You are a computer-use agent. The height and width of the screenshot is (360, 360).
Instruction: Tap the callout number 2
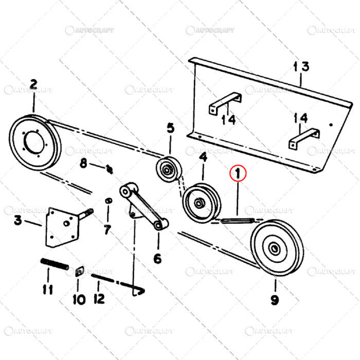click(33, 84)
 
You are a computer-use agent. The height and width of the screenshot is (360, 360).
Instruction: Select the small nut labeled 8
click(109, 168)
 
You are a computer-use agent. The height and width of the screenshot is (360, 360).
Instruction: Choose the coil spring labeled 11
click(54, 266)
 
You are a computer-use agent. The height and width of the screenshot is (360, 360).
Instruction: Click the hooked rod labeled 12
click(118, 284)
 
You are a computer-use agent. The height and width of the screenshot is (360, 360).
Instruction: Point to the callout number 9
click(275, 300)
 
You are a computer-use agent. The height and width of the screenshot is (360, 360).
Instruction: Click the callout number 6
click(157, 259)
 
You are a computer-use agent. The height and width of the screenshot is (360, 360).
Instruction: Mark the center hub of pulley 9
click(274, 249)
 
